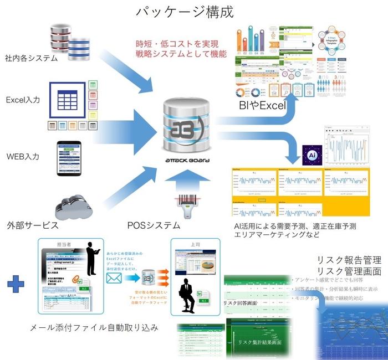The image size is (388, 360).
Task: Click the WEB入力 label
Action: click(23, 156)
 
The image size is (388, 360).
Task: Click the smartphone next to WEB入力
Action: click(69, 160)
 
